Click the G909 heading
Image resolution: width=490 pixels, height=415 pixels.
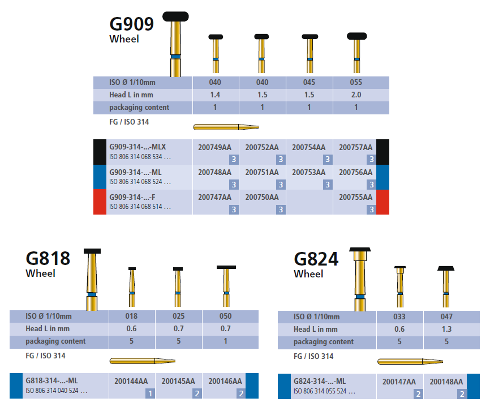click(x=131, y=24)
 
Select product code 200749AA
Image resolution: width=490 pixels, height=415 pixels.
click(x=215, y=147)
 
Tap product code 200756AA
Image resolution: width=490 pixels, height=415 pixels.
click(x=355, y=172)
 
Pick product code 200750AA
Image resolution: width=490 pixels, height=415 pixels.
click(x=262, y=197)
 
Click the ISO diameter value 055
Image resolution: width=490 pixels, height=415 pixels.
click(x=356, y=82)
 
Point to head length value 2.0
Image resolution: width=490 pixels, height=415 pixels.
click(x=356, y=95)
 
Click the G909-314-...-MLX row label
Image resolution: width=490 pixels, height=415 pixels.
click(x=134, y=147)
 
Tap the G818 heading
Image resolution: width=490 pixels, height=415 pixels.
click(x=48, y=258)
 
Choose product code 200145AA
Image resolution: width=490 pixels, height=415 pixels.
click(x=178, y=381)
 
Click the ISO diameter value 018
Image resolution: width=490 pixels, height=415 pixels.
click(x=131, y=316)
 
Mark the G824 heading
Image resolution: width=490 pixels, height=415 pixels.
click(x=316, y=259)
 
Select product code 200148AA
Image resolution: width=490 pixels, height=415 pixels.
click(x=446, y=382)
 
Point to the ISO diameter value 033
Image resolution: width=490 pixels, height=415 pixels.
click(x=399, y=317)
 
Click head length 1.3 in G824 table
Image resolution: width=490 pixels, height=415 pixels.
click(x=446, y=329)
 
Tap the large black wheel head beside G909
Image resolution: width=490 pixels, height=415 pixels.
click(x=176, y=16)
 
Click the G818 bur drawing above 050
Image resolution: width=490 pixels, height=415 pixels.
click(x=226, y=286)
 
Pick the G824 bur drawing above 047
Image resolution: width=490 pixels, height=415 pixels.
click(x=446, y=286)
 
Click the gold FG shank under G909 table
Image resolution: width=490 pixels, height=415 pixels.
click(x=226, y=126)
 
